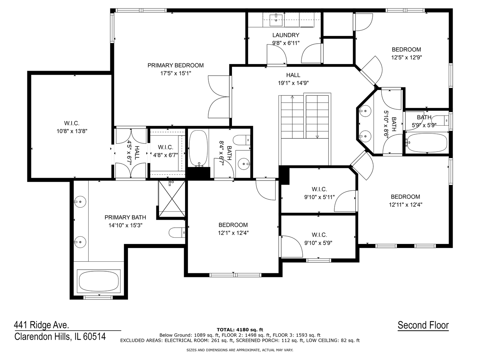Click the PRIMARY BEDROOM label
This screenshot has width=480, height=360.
tap(175, 65)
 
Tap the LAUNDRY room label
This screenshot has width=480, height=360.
tap(286, 35)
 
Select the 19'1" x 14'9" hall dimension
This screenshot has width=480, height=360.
tap(293, 83)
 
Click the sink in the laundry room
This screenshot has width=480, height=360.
tap(276, 20)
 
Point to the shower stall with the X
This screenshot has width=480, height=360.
tap(172, 198)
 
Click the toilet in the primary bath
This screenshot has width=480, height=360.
tap(177, 233)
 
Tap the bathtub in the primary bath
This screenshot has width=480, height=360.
tap(99, 281)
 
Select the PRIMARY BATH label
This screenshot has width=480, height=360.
tap(125, 217)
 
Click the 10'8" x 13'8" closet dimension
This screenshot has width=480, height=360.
tap(72, 131)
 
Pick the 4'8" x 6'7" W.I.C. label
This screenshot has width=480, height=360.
tap(166, 151)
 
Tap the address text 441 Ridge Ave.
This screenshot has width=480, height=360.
tap(42, 325)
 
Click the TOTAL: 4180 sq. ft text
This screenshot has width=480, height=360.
tap(240, 330)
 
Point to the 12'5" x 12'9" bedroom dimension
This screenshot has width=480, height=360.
tap(406, 57)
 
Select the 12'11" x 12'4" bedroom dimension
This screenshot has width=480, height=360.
tap(405, 205)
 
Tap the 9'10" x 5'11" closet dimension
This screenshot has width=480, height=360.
tap(319, 197)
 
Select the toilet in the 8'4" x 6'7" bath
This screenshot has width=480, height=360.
tap(241, 140)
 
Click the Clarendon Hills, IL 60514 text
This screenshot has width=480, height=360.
tap(60, 337)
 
